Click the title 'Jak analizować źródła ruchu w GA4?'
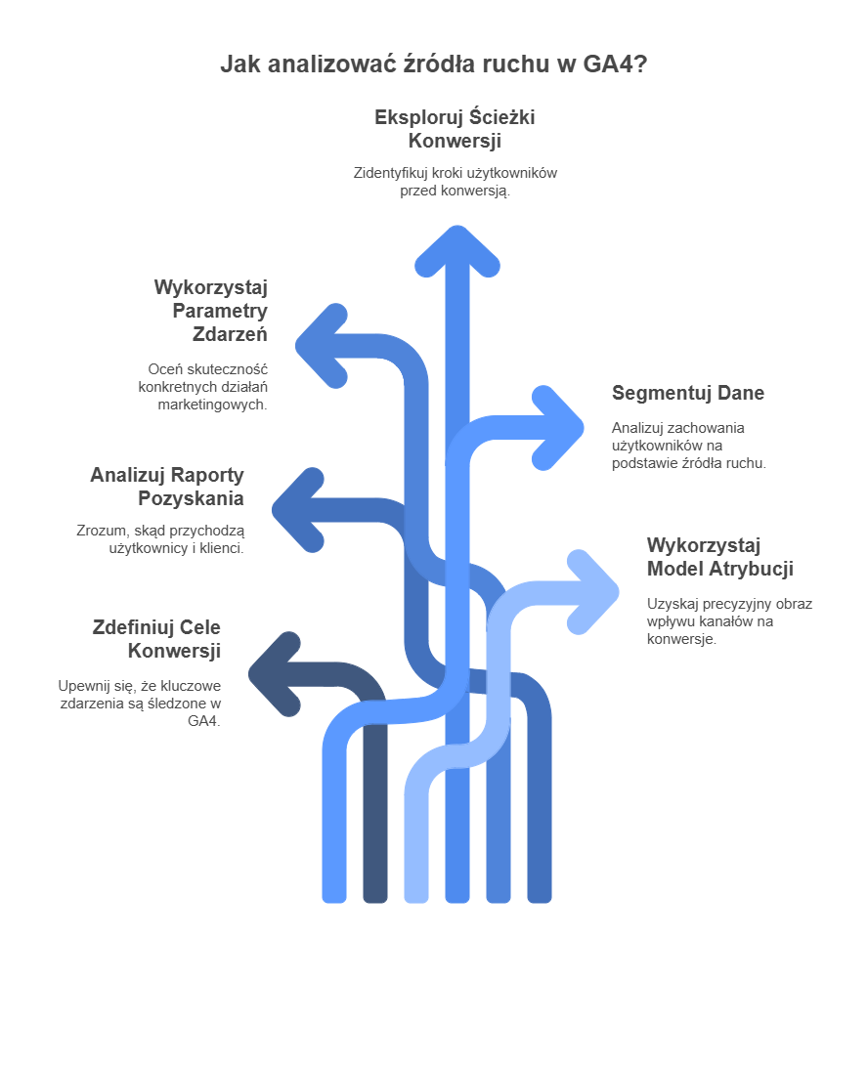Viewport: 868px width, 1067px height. [433, 65]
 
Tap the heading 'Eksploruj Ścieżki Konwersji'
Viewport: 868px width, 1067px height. [455, 129]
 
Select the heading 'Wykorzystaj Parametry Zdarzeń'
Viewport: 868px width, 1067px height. [210, 311]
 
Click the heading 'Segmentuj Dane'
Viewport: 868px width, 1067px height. [687, 393]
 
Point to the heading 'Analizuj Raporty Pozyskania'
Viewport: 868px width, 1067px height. [167, 487]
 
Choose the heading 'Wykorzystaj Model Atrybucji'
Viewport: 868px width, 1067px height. [719, 557]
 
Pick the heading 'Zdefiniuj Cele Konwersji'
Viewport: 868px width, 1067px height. [156, 639]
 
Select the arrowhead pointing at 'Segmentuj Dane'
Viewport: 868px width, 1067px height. [560, 427]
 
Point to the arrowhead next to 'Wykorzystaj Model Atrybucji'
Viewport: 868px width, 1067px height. [595, 591]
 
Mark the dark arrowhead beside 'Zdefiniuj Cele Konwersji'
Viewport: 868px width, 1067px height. [273, 672]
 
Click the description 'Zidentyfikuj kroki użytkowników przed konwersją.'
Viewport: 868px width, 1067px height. [455, 182]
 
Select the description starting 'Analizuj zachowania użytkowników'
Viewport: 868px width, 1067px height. [688, 446]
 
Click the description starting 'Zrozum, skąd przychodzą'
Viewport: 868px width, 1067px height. [160, 539]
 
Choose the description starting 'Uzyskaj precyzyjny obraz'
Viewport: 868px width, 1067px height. [728, 621]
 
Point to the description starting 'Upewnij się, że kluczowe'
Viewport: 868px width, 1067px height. [139, 704]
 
